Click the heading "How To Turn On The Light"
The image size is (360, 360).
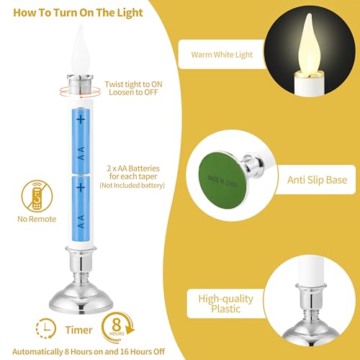click(78, 13)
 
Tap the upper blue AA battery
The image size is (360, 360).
click(81, 141)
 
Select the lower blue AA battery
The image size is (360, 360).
click(81, 208)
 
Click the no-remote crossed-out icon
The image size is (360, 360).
click(37, 196)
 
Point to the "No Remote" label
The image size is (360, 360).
click(37, 219)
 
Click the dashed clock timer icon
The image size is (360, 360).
click(45, 328)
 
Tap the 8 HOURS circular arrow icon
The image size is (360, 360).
click(117, 328)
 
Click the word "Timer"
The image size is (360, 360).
click(78, 330)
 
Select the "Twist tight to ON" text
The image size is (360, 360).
click(133, 84)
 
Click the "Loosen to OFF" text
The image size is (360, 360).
click(133, 92)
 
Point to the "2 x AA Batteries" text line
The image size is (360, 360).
click(133, 168)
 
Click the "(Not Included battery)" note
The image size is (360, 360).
click(132, 185)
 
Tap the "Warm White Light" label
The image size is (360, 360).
click(222, 55)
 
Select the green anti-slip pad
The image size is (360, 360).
click(222, 180)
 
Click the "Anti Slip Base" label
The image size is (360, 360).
click(318, 180)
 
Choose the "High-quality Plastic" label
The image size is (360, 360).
click(226, 304)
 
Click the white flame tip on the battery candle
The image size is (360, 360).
click(81, 49)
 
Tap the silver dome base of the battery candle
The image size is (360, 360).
click(81, 297)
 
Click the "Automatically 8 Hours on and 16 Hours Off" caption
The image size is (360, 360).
click(89, 351)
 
